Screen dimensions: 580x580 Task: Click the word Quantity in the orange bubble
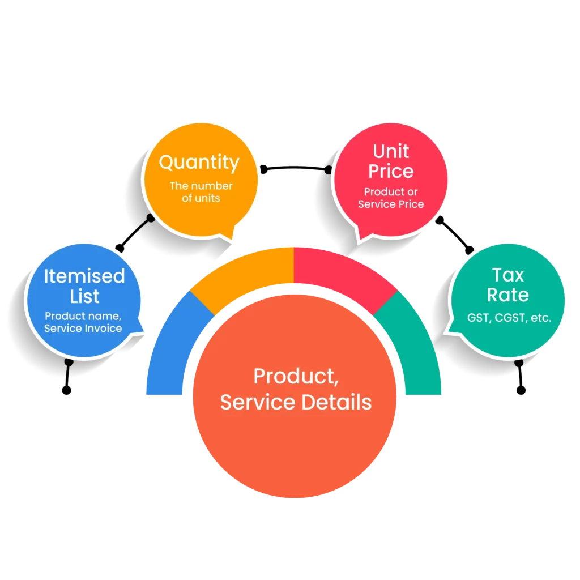tap(199, 163)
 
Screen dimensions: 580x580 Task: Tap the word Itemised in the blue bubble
tap(84, 276)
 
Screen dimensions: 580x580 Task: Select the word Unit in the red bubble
tap(391, 151)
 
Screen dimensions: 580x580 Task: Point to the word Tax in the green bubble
tap(507, 275)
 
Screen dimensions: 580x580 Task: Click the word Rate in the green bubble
tap(507, 295)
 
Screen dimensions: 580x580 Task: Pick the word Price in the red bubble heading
tap(391, 171)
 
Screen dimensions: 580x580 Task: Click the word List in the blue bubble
tap(84, 296)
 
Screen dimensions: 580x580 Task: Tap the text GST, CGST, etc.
tap(509, 318)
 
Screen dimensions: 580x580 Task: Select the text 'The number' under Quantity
tap(201, 186)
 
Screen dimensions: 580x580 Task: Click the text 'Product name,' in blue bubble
tap(83, 316)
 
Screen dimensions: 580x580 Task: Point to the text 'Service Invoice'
tap(83, 328)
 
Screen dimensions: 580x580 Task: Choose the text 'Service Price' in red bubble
tap(391, 204)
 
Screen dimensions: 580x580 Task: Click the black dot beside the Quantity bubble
tap(150, 217)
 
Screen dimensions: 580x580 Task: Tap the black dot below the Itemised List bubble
tap(69, 361)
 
